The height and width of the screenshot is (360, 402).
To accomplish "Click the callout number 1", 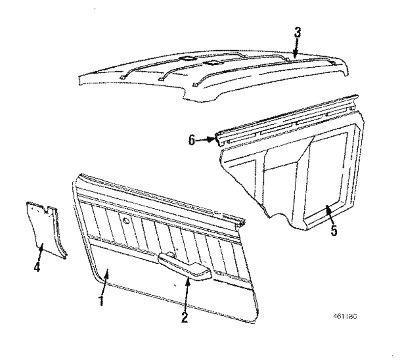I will point(102,300).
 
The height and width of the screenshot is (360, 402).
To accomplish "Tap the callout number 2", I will point(185,317).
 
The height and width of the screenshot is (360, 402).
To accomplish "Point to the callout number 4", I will point(37,266).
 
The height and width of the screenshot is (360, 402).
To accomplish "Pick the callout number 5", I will point(334,231).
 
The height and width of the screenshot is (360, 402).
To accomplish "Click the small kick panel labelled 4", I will point(45,229).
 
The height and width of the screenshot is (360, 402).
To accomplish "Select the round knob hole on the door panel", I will point(127,220).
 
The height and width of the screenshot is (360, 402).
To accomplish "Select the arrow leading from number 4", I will point(40,253).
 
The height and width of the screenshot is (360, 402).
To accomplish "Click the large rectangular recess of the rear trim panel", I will point(328,173).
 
